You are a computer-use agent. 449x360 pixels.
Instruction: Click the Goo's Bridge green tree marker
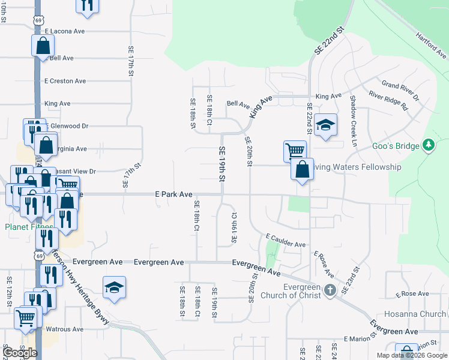pyautogui.click(x=428, y=145)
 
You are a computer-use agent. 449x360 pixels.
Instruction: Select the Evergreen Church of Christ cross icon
pyautogui.click(x=330, y=291)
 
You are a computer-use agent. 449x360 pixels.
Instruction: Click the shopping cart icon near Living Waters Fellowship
pyautogui.click(x=295, y=150)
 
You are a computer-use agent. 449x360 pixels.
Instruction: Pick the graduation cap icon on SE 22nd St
pyautogui.click(x=325, y=124)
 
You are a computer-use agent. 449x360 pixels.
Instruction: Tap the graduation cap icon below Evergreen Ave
pyautogui.click(x=113, y=287)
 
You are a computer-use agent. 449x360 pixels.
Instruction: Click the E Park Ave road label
pyautogui.click(x=173, y=194)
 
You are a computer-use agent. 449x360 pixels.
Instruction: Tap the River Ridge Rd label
pyautogui.click(x=388, y=101)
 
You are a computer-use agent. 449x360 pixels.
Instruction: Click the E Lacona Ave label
pyautogui.click(x=64, y=31)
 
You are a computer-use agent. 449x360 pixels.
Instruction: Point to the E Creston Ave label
pyautogui.click(x=65, y=81)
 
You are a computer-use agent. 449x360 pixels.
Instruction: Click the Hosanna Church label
pyautogui.click(x=424, y=314)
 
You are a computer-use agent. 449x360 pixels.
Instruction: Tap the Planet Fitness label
pyautogui.click(x=24, y=227)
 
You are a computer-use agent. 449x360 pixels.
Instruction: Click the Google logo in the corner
pyautogui.click(x=20, y=353)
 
